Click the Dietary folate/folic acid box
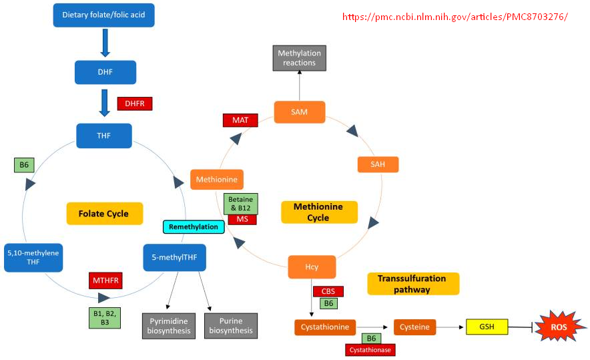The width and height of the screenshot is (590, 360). [x=103, y=15]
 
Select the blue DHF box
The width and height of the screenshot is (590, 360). [x=105, y=72]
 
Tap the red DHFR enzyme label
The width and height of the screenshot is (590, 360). [x=135, y=104]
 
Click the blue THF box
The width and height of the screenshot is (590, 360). [x=104, y=136]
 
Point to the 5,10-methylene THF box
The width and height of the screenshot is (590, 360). [x=33, y=257]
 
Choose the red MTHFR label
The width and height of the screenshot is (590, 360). [x=105, y=281]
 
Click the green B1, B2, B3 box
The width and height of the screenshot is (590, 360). [x=105, y=317]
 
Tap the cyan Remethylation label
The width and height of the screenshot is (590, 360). [x=193, y=227]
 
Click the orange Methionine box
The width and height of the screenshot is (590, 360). [x=217, y=180]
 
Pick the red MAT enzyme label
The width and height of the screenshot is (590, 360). [x=240, y=120]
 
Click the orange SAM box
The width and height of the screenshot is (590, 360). [x=300, y=112]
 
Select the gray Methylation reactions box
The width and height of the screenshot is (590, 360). [x=299, y=58]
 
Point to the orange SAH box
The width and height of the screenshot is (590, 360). [x=378, y=164]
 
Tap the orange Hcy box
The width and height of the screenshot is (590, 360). [x=312, y=267]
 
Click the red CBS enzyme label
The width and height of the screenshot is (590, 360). [x=328, y=291]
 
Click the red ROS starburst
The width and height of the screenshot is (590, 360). [x=559, y=327]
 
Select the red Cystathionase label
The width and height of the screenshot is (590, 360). [x=370, y=349]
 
